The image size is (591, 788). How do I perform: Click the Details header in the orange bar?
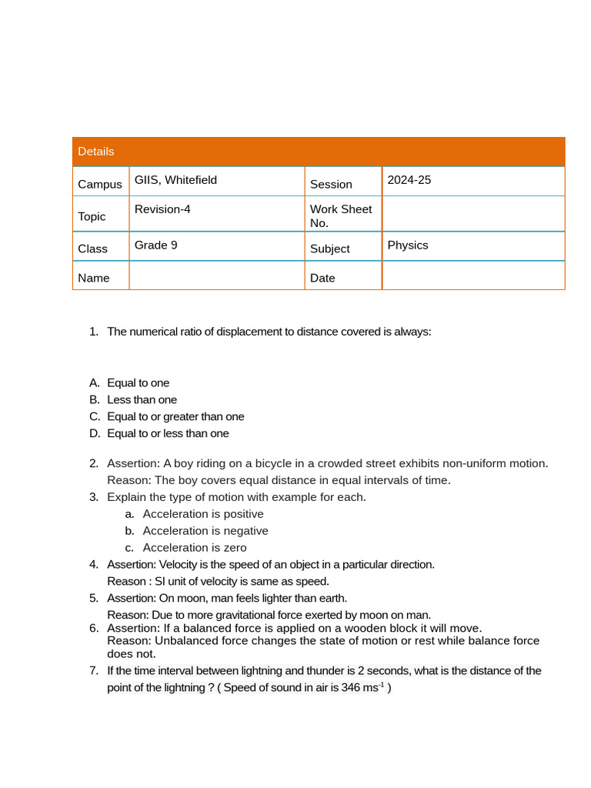[x=96, y=152]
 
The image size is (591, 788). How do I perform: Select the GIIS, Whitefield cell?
[x=175, y=180]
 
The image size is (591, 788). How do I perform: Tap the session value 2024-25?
[x=409, y=180]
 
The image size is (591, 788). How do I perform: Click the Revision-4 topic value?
[x=162, y=209]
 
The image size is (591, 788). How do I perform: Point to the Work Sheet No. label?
[x=341, y=216]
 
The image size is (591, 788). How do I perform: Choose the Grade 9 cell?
[x=155, y=245]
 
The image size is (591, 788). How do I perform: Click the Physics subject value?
[x=408, y=245]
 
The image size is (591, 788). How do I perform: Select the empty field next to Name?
[x=216, y=276]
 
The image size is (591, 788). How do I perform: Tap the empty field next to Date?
[x=472, y=276]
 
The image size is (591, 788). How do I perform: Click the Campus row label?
[x=100, y=185]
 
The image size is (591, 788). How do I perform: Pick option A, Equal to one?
[x=139, y=383]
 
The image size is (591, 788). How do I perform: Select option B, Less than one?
[x=142, y=400]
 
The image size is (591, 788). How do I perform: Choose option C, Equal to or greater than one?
[x=175, y=417]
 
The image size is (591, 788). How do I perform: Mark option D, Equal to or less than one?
[x=168, y=434]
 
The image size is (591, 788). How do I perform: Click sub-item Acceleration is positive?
[x=203, y=514]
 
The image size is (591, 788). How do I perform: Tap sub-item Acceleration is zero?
[x=195, y=548]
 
